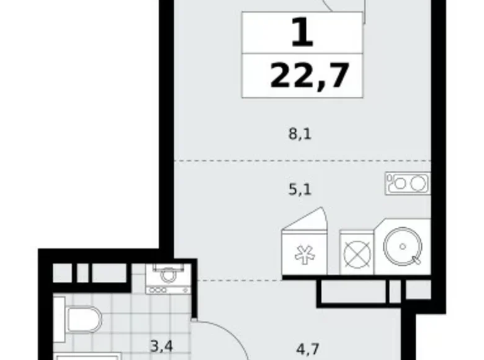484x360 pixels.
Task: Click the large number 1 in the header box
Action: click(x=302, y=34)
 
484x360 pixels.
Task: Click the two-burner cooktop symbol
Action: click(x=407, y=184)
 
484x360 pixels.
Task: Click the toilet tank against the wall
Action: click(x=58, y=318)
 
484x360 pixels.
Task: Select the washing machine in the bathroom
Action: click(x=167, y=278)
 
